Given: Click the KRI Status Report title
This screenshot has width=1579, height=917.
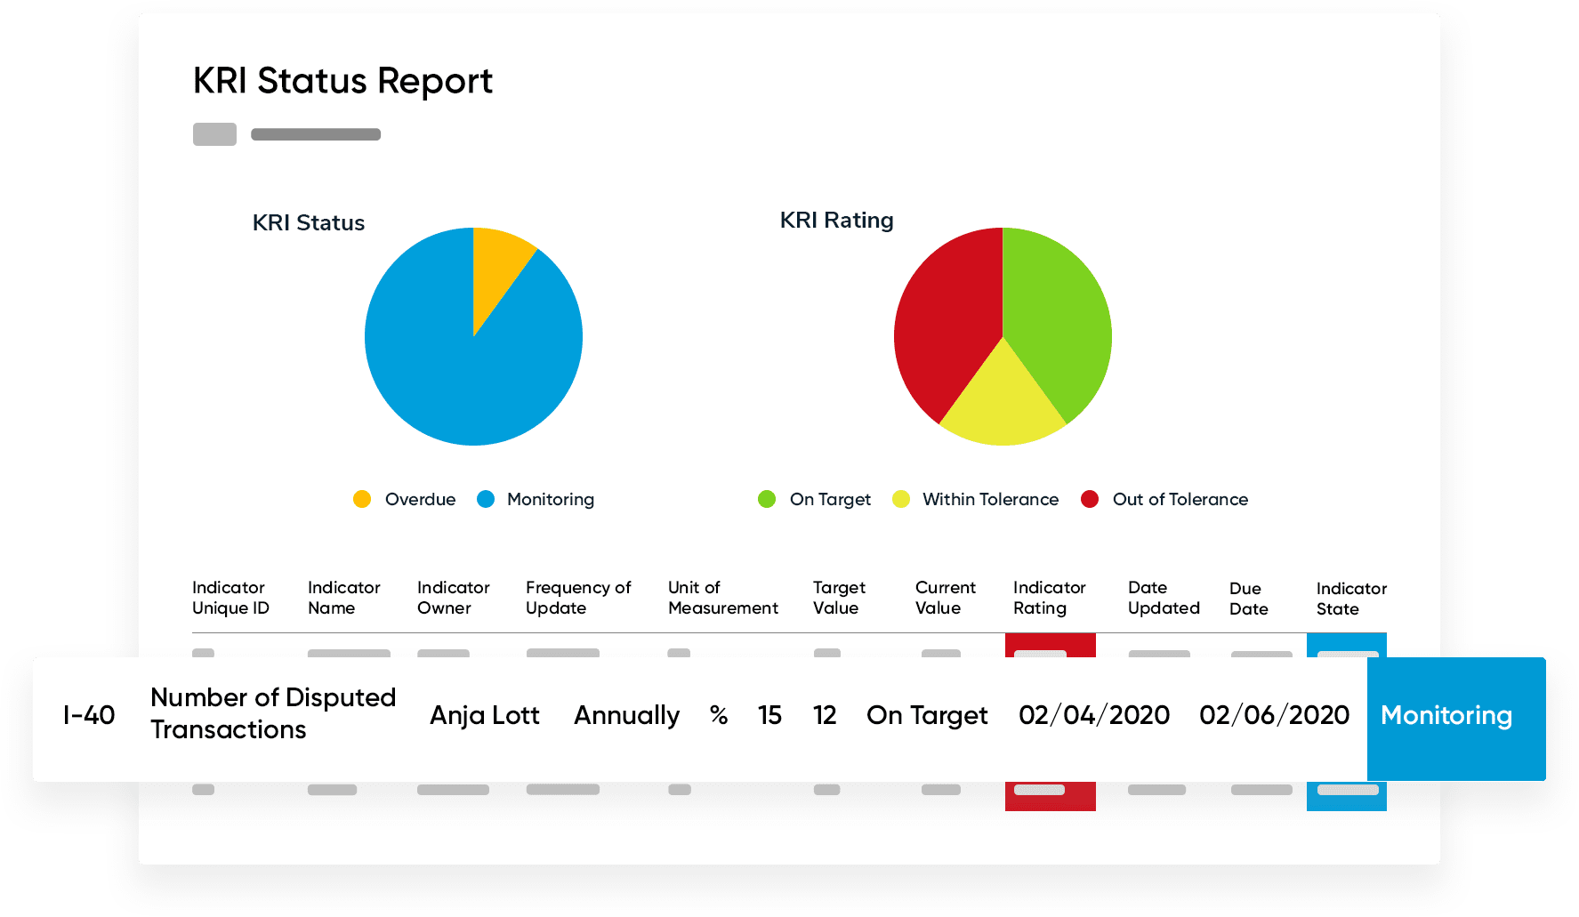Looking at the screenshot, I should (x=342, y=81).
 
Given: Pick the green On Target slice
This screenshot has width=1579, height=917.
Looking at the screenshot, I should (x=1059, y=311).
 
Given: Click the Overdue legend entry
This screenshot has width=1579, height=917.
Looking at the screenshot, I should (x=405, y=499).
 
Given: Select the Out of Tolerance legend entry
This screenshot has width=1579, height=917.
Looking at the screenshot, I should (x=1164, y=499).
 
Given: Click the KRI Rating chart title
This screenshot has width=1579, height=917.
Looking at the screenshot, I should (x=836, y=220).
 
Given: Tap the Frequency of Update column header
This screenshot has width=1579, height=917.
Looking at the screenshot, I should (x=577, y=598).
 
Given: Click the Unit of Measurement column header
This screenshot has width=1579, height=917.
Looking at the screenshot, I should (x=722, y=598).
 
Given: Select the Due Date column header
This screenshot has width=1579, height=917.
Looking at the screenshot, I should (x=1248, y=599).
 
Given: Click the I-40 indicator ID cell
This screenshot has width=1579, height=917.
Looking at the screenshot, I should (x=89, y=715).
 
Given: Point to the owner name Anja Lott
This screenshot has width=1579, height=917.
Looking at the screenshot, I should (x=484, y=715).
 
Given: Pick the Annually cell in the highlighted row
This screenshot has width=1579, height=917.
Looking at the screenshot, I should (x=626, y=715).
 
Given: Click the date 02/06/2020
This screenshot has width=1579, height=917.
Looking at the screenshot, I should (x=1274, y=715).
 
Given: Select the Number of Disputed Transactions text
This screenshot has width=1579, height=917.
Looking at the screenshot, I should (x=272, y=713).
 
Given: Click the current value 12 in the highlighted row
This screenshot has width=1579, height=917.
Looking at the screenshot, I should (x=825, y=715).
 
